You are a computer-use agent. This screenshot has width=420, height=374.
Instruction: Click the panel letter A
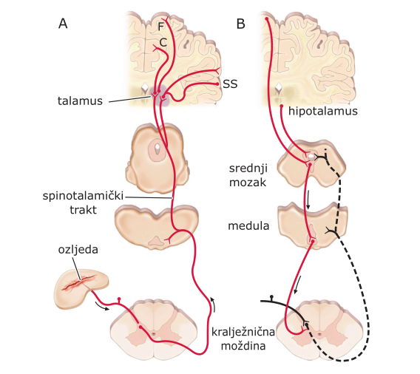63,24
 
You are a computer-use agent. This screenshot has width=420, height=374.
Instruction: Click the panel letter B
241,24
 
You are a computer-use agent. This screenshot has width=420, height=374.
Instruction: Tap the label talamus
80,101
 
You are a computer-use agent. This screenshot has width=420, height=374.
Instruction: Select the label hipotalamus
323,111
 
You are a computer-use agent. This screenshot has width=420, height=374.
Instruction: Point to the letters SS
230,84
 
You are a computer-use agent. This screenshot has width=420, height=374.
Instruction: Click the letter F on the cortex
160,27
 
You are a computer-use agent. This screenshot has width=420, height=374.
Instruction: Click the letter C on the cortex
163,42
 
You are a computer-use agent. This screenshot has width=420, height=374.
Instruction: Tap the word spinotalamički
83,196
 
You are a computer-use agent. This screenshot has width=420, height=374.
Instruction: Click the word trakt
83,210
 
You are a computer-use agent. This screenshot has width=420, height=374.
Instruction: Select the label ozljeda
78,250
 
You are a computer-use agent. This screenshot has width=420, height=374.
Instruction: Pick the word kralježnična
243,332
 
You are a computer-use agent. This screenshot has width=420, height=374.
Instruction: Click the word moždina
243,346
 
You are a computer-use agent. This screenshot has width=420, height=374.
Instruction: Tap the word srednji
248,169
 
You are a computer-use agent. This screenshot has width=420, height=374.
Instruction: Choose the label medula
248,226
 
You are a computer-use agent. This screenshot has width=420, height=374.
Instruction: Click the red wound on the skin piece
80,282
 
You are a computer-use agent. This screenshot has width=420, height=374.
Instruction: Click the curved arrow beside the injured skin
102,307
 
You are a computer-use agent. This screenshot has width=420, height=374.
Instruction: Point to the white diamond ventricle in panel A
145,86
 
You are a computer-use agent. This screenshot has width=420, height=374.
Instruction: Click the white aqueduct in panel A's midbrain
157,147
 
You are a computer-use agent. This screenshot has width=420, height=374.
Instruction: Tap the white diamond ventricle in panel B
279,86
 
